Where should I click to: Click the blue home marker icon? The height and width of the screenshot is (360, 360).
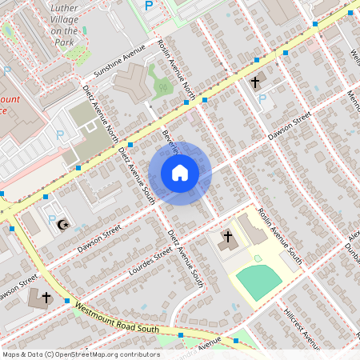[180, 173]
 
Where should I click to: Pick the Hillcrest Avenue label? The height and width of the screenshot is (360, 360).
[301, 315]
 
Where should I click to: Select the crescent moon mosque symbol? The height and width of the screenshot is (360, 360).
[62, 224]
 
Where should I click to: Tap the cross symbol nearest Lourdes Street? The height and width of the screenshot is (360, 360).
[227, 237]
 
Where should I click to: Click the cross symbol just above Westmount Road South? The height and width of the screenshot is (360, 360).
[46, 298]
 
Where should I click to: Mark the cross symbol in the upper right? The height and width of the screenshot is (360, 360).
[256, 82]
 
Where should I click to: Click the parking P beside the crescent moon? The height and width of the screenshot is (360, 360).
[52, 219]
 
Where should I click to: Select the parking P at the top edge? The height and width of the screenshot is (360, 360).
[149, 6]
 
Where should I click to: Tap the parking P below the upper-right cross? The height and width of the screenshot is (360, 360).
[262, 99]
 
